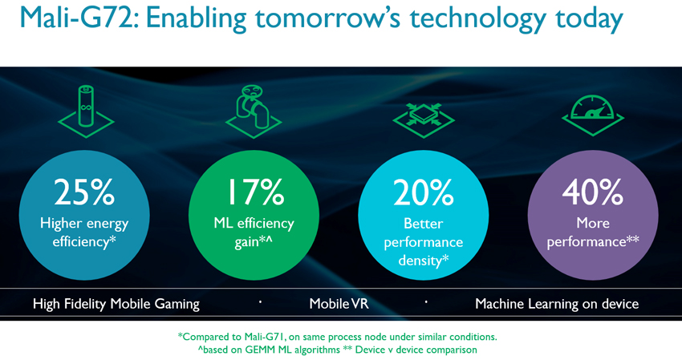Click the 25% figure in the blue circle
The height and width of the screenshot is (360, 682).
click(84, 192)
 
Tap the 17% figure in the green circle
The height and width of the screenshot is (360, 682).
click(256, 192)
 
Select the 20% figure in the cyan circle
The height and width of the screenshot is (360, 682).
click(423, 192)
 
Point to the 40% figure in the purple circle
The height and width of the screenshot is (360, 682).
click(592, 192)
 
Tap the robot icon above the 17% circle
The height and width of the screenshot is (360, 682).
click(254, 111)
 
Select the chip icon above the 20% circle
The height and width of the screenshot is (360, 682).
click(423, 120)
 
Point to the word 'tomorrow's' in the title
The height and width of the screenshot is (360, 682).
click(327, 18)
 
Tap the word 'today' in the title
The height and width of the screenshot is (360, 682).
click(589, 20)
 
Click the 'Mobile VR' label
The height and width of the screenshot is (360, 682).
click(339, 304)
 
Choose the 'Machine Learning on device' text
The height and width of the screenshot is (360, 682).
click(557, 304)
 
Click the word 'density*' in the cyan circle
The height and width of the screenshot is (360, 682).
click(423, 261)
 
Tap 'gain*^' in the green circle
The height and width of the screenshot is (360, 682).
click(254, 242)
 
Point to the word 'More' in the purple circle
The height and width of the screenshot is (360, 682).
click(593, 223)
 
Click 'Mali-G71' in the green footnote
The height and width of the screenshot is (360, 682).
click(264, 337)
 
